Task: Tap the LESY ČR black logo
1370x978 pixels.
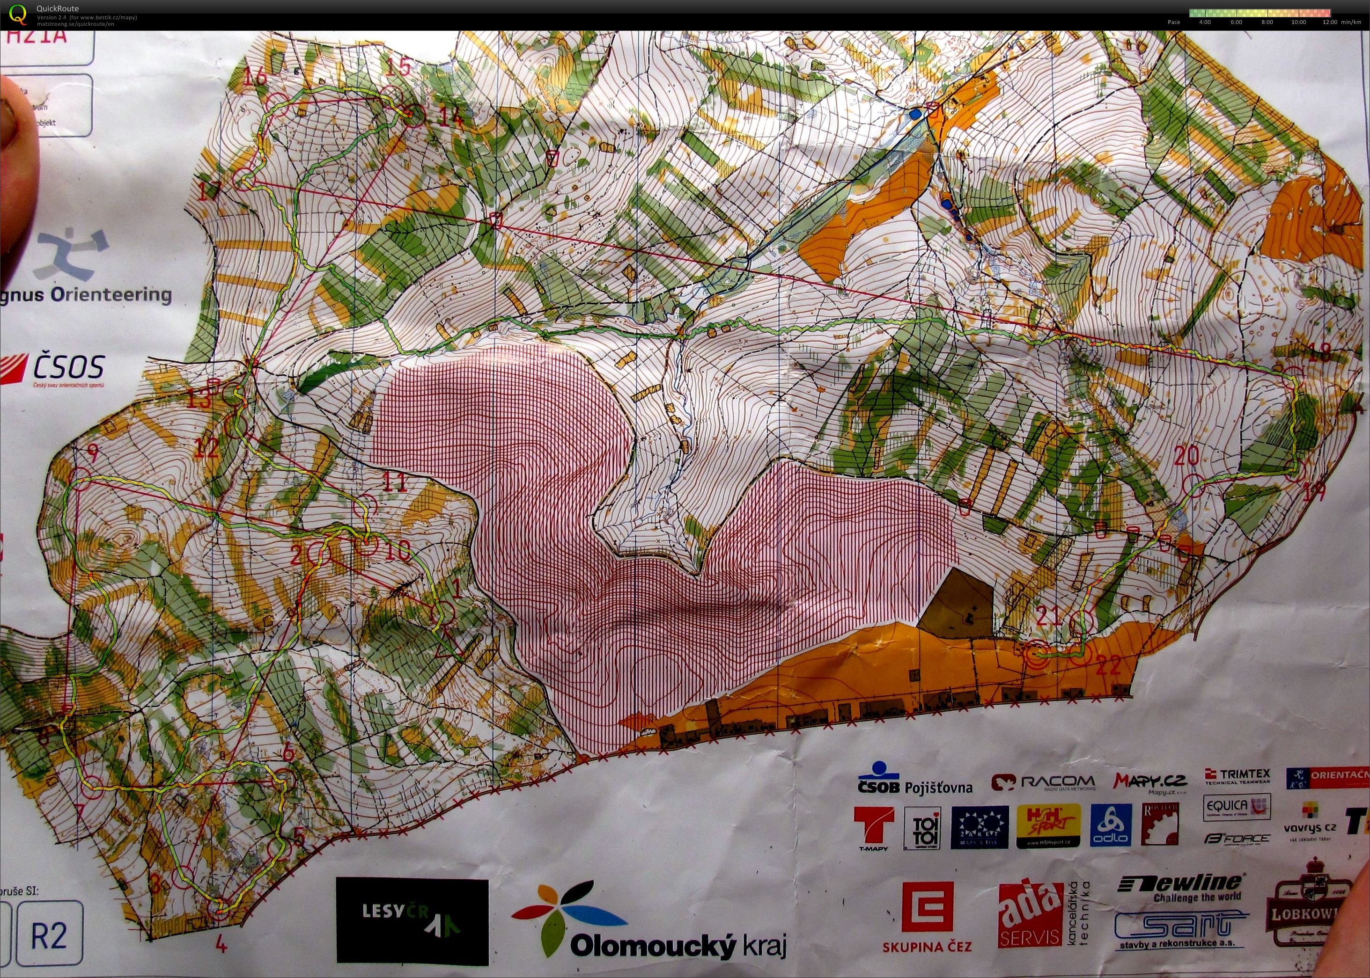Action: click(x=412, y=921)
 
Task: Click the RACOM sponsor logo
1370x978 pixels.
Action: click(x=1043, y=782)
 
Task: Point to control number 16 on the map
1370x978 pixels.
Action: click(x=256, y=76)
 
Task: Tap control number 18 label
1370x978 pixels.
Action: click(x=1319, y=352)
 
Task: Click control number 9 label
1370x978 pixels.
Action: click(x=92, y=452)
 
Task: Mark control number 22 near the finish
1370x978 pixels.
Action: click(x=1109, y=665)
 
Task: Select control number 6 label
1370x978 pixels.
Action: click(x=288, y=752)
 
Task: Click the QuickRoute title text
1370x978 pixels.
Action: click(x=57, y=8)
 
